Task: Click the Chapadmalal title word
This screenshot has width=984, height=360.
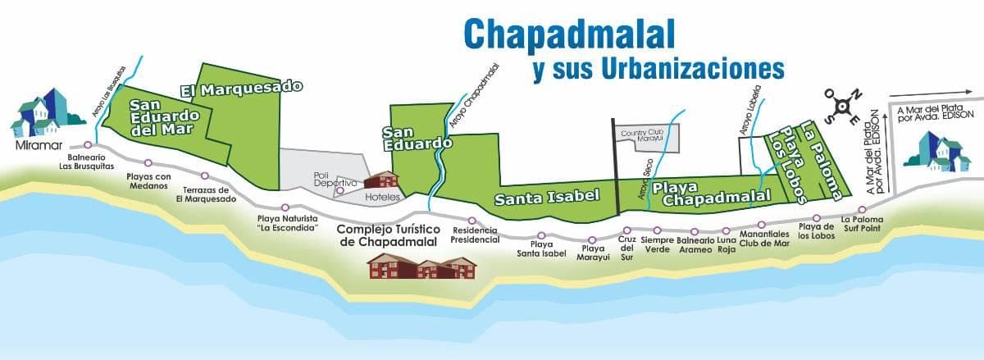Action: click(569, 32)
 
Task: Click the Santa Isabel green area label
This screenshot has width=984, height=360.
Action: click(548, 196)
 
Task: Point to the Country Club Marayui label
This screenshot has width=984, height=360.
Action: click(646, 136)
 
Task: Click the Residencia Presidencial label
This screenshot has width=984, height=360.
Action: click(476, 235)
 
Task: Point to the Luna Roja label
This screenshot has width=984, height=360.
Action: click(727, 245)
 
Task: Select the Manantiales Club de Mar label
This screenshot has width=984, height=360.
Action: click(763, 239)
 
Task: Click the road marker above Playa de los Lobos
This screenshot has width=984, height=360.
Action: click(813, 215)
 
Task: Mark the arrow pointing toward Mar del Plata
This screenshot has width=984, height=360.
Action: click(927, 94)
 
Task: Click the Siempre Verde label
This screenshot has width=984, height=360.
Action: click(657, 245)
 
